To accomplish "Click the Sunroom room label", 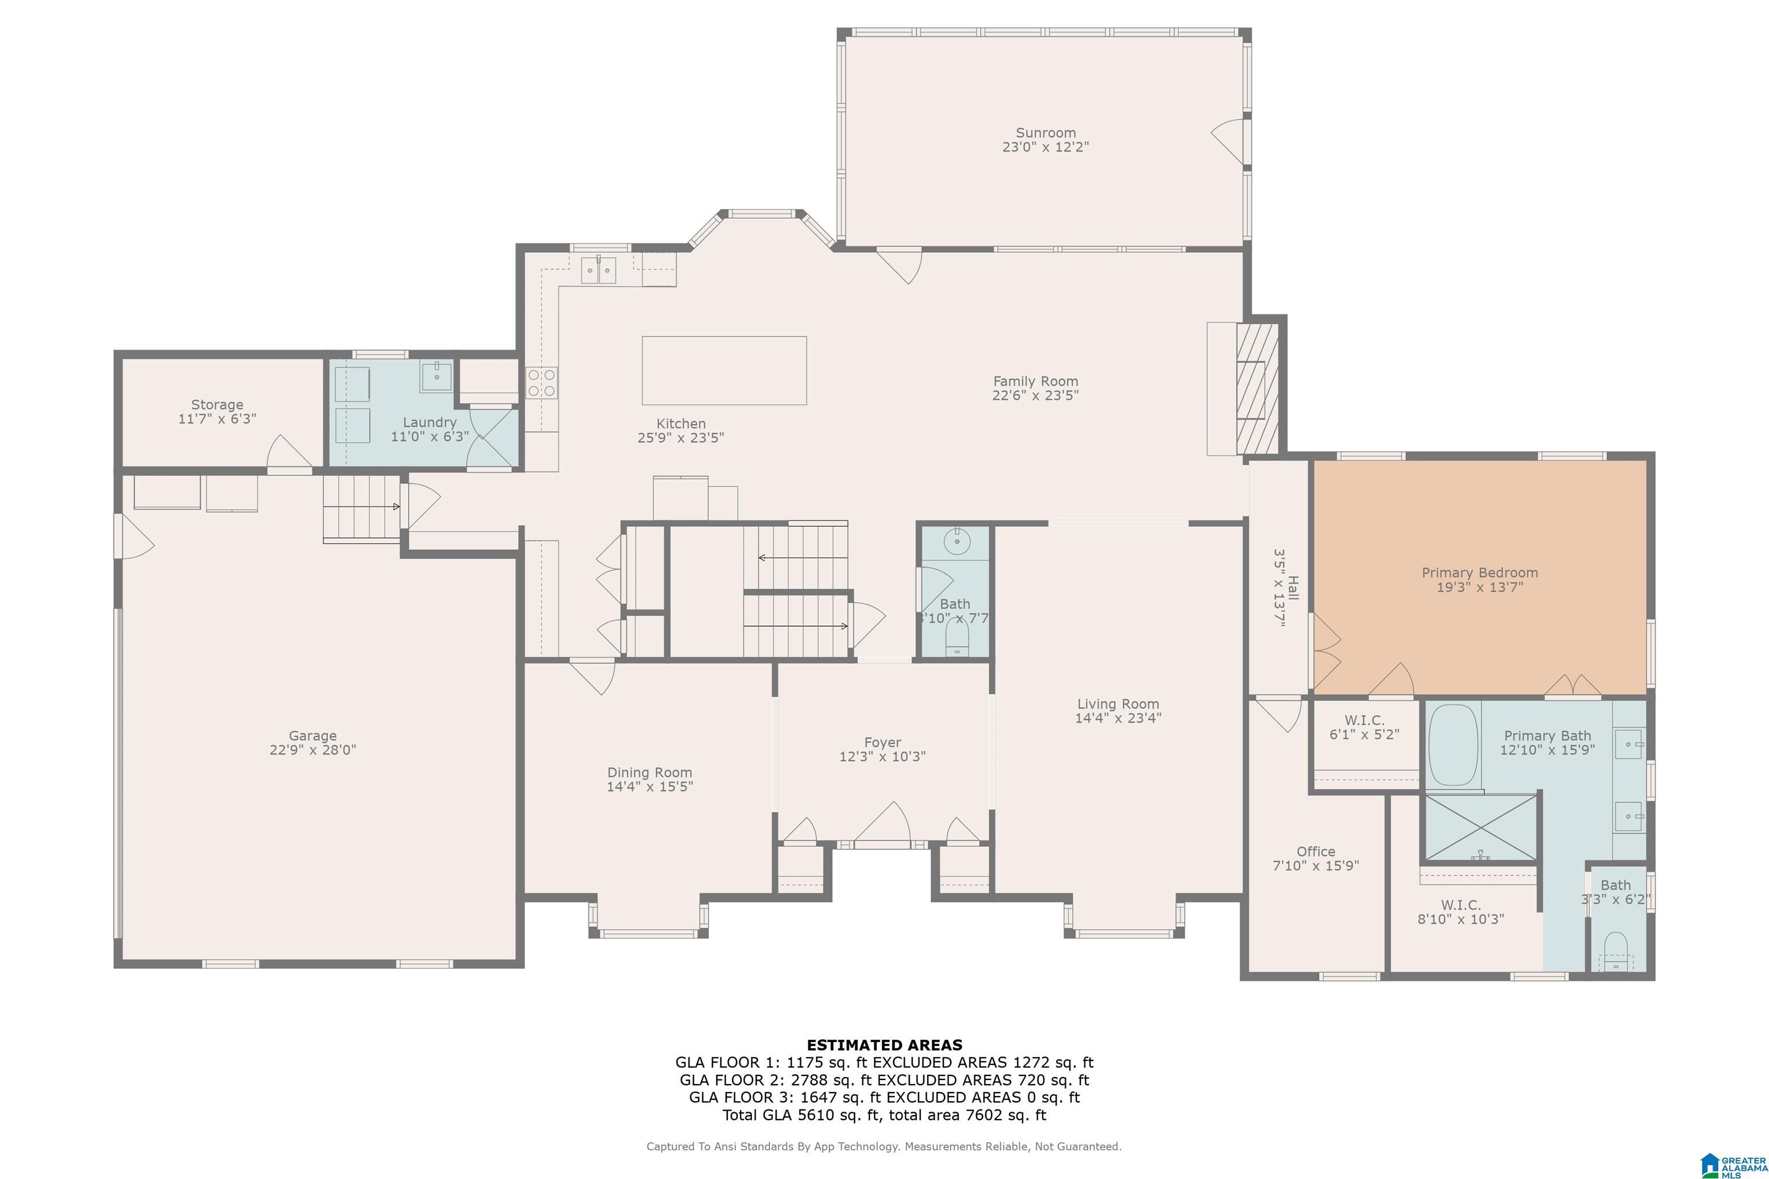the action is coord(1046,133).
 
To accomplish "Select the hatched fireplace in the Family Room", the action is coord(1258,389).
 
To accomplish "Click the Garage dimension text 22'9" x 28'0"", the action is coord(313,750).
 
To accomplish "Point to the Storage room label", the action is coord(217,405).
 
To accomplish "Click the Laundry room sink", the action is coord(436,376).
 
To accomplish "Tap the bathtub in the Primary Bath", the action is coord(1453,745).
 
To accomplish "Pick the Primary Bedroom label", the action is coord(1479,573).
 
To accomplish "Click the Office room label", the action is coord(1315,852).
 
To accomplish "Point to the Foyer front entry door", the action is coord(882,826).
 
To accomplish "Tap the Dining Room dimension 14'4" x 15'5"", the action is coord(650,786).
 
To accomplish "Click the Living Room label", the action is coord(1118,704).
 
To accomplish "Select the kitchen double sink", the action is coord(599,270).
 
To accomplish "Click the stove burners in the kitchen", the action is coord(541,382).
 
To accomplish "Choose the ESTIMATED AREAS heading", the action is coord(884,1045).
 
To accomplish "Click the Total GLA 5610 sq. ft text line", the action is coord(884,1115).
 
